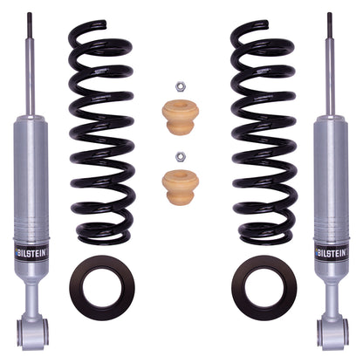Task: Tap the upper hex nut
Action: [180, 87]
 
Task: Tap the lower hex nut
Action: [180, 156]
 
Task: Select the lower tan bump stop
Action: [180, 185]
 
